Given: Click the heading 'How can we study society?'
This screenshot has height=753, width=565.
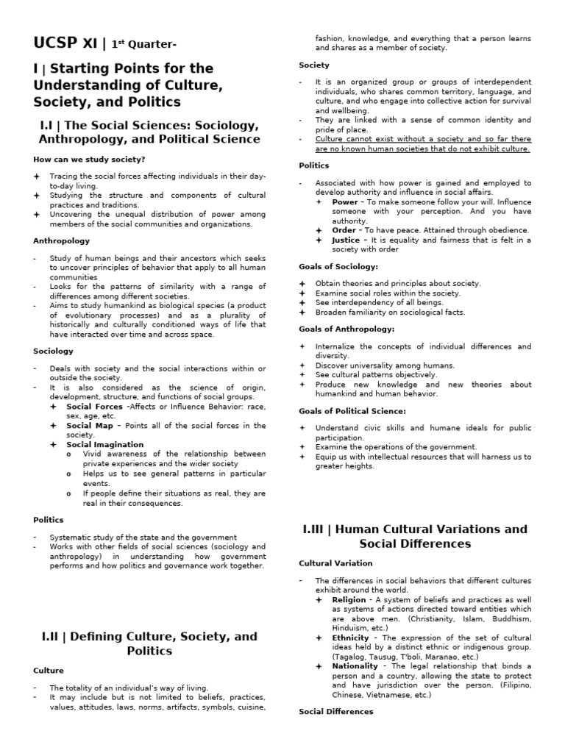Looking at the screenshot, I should point(89,159).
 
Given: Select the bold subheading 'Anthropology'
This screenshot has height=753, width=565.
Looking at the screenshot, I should point(62,240).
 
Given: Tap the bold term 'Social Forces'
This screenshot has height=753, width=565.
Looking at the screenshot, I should point(94,406).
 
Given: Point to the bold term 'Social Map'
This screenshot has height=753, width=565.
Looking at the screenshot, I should point(90,425).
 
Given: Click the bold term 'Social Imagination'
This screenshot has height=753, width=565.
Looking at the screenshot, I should point(105,444).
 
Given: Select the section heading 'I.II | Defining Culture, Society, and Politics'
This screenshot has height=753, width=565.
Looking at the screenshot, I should point(149,643).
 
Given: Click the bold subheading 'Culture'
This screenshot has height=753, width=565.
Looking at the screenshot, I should point(49,671).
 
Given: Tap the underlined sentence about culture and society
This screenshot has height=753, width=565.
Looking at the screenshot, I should point(422,143).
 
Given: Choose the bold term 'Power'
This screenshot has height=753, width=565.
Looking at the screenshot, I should point(345,201).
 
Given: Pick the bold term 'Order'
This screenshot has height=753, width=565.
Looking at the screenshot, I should point(344,230).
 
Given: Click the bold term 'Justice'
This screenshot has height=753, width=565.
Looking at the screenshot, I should point(347,240).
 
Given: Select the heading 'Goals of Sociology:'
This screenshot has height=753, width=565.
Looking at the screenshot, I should point(338,266).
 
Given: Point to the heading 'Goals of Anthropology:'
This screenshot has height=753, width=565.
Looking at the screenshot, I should point(347,329).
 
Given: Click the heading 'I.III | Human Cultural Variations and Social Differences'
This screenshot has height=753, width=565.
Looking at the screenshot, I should point(414,536).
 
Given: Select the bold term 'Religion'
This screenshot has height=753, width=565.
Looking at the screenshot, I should point(349,600).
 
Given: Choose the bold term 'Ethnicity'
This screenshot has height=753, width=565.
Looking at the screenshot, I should point(351,638).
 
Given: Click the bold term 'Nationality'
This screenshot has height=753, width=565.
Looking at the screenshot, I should point(355,666).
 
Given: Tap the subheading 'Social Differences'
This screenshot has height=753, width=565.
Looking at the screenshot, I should point(336,712).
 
